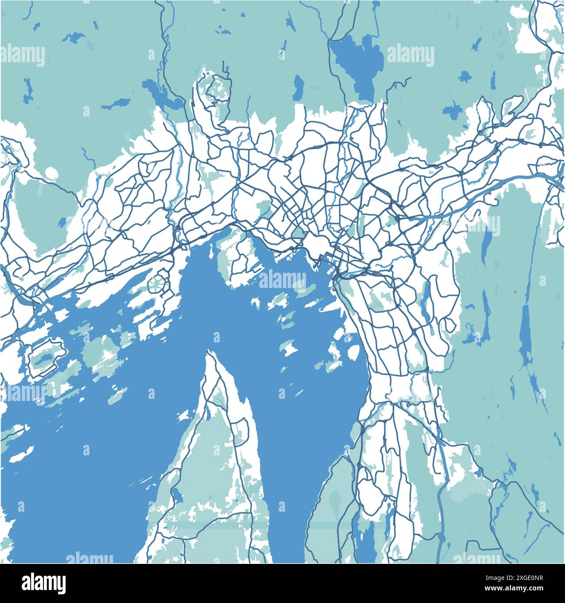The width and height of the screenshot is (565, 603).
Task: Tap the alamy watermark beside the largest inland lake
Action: (410, 56)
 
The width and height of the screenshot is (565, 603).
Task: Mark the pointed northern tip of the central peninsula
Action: (211, 354)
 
